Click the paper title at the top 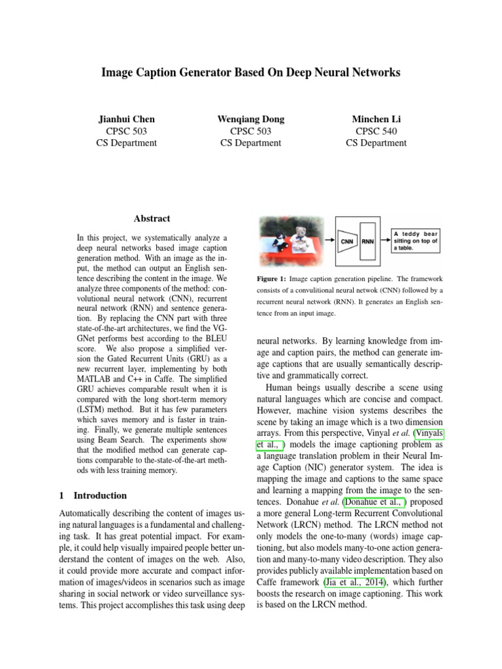[250, 73]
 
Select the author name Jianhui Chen [126, 120]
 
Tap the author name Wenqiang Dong [250, 120]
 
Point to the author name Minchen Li [376, 120]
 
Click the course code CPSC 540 [376, 131]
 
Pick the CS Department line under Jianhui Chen [126, 143]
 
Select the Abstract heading [152, 219]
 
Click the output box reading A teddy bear [416, 240]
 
